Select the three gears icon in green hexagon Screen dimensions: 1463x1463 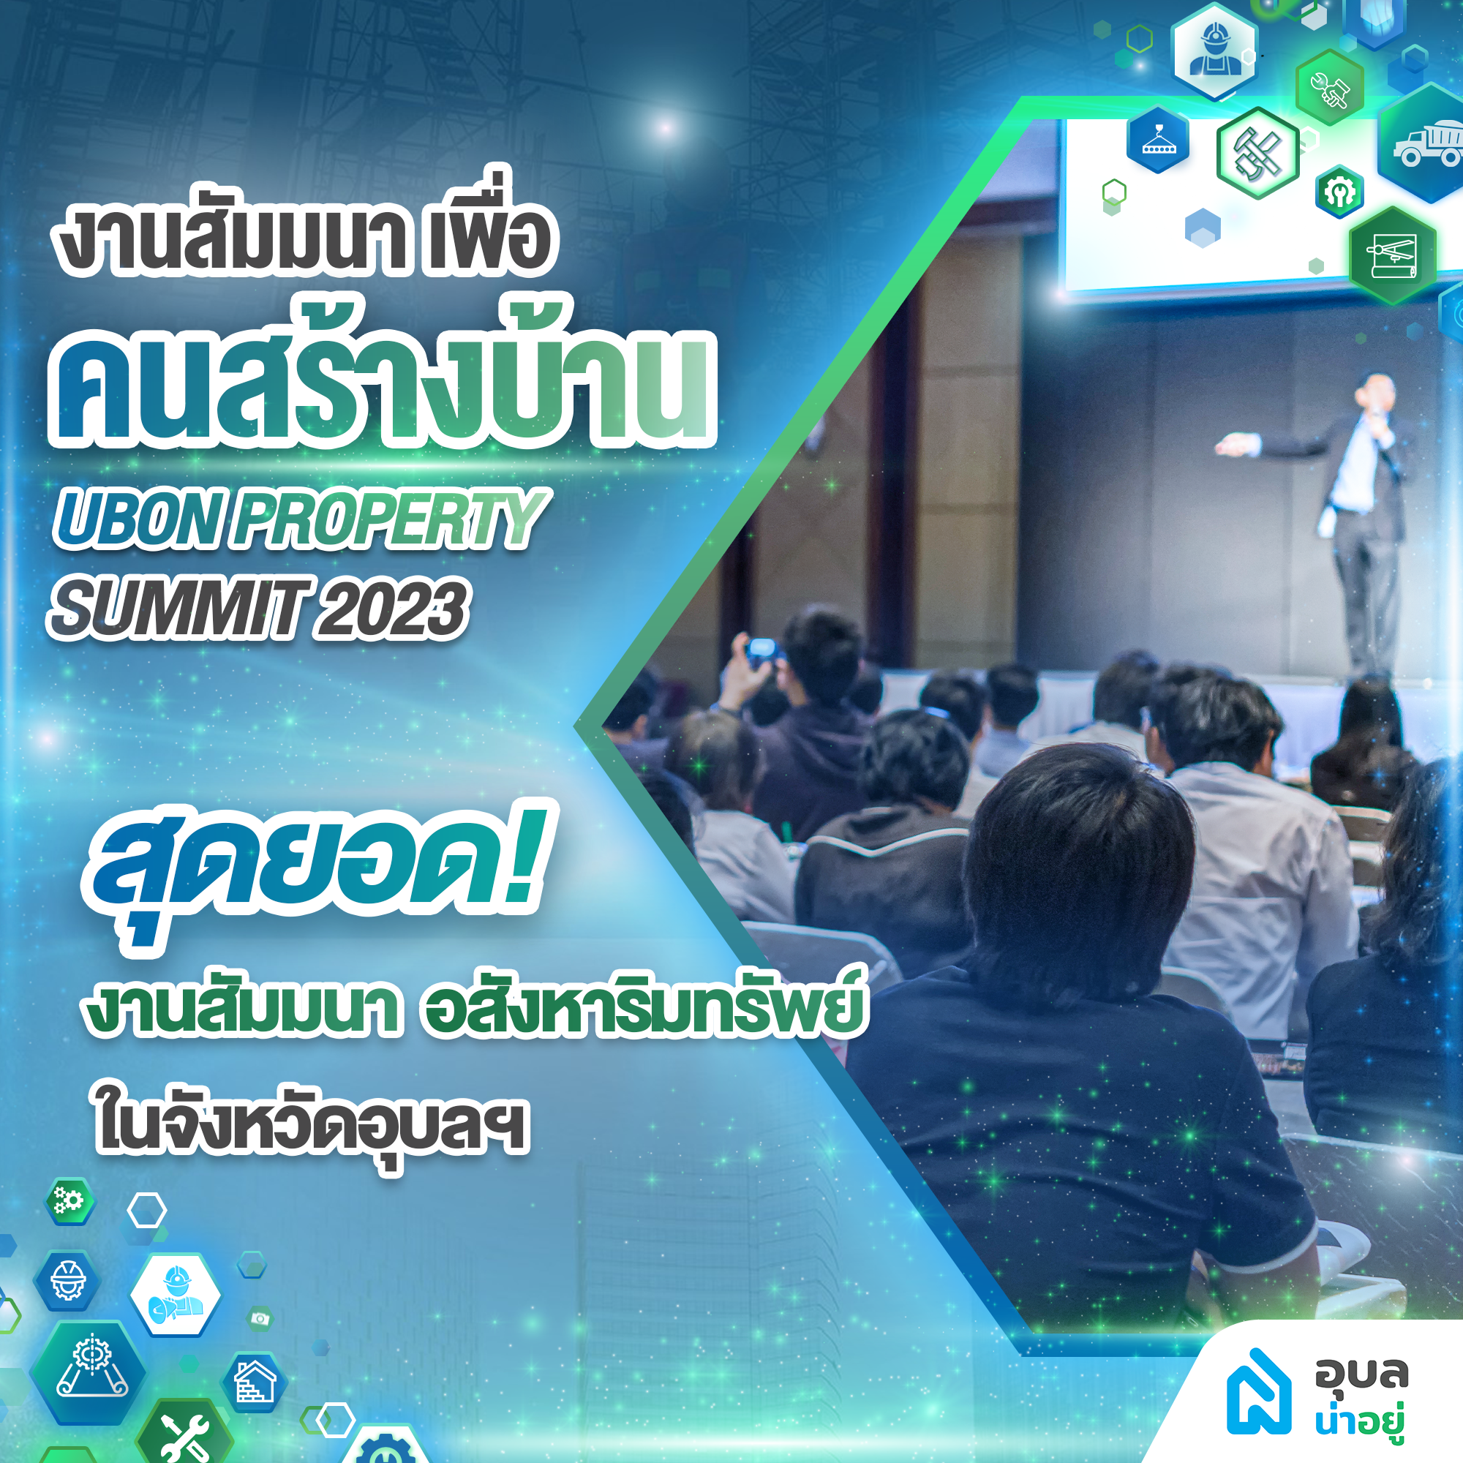[69, 1201]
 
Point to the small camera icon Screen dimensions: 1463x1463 [260, 1318]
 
